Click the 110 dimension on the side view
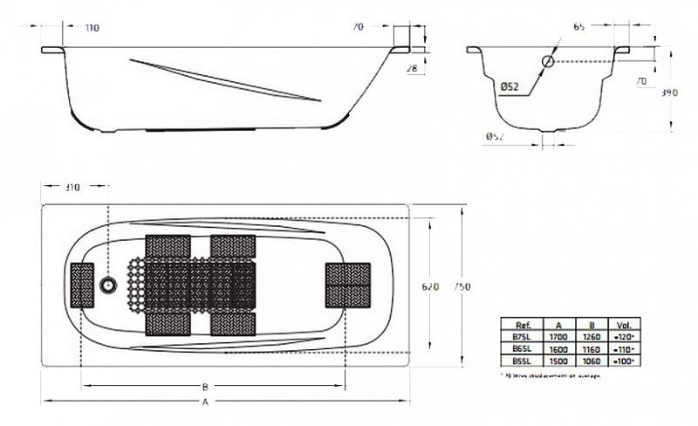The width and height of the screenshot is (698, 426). pos(92,28)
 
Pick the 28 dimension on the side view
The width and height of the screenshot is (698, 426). pos(413,67)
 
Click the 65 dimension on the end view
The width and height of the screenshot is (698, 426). pos(579,28)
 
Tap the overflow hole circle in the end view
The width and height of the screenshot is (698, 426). pos(547,61)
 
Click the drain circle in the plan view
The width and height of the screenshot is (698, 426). pos(108,285)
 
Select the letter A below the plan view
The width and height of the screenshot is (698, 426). pos(205,402)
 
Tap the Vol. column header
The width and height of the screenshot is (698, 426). pos(622,322)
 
